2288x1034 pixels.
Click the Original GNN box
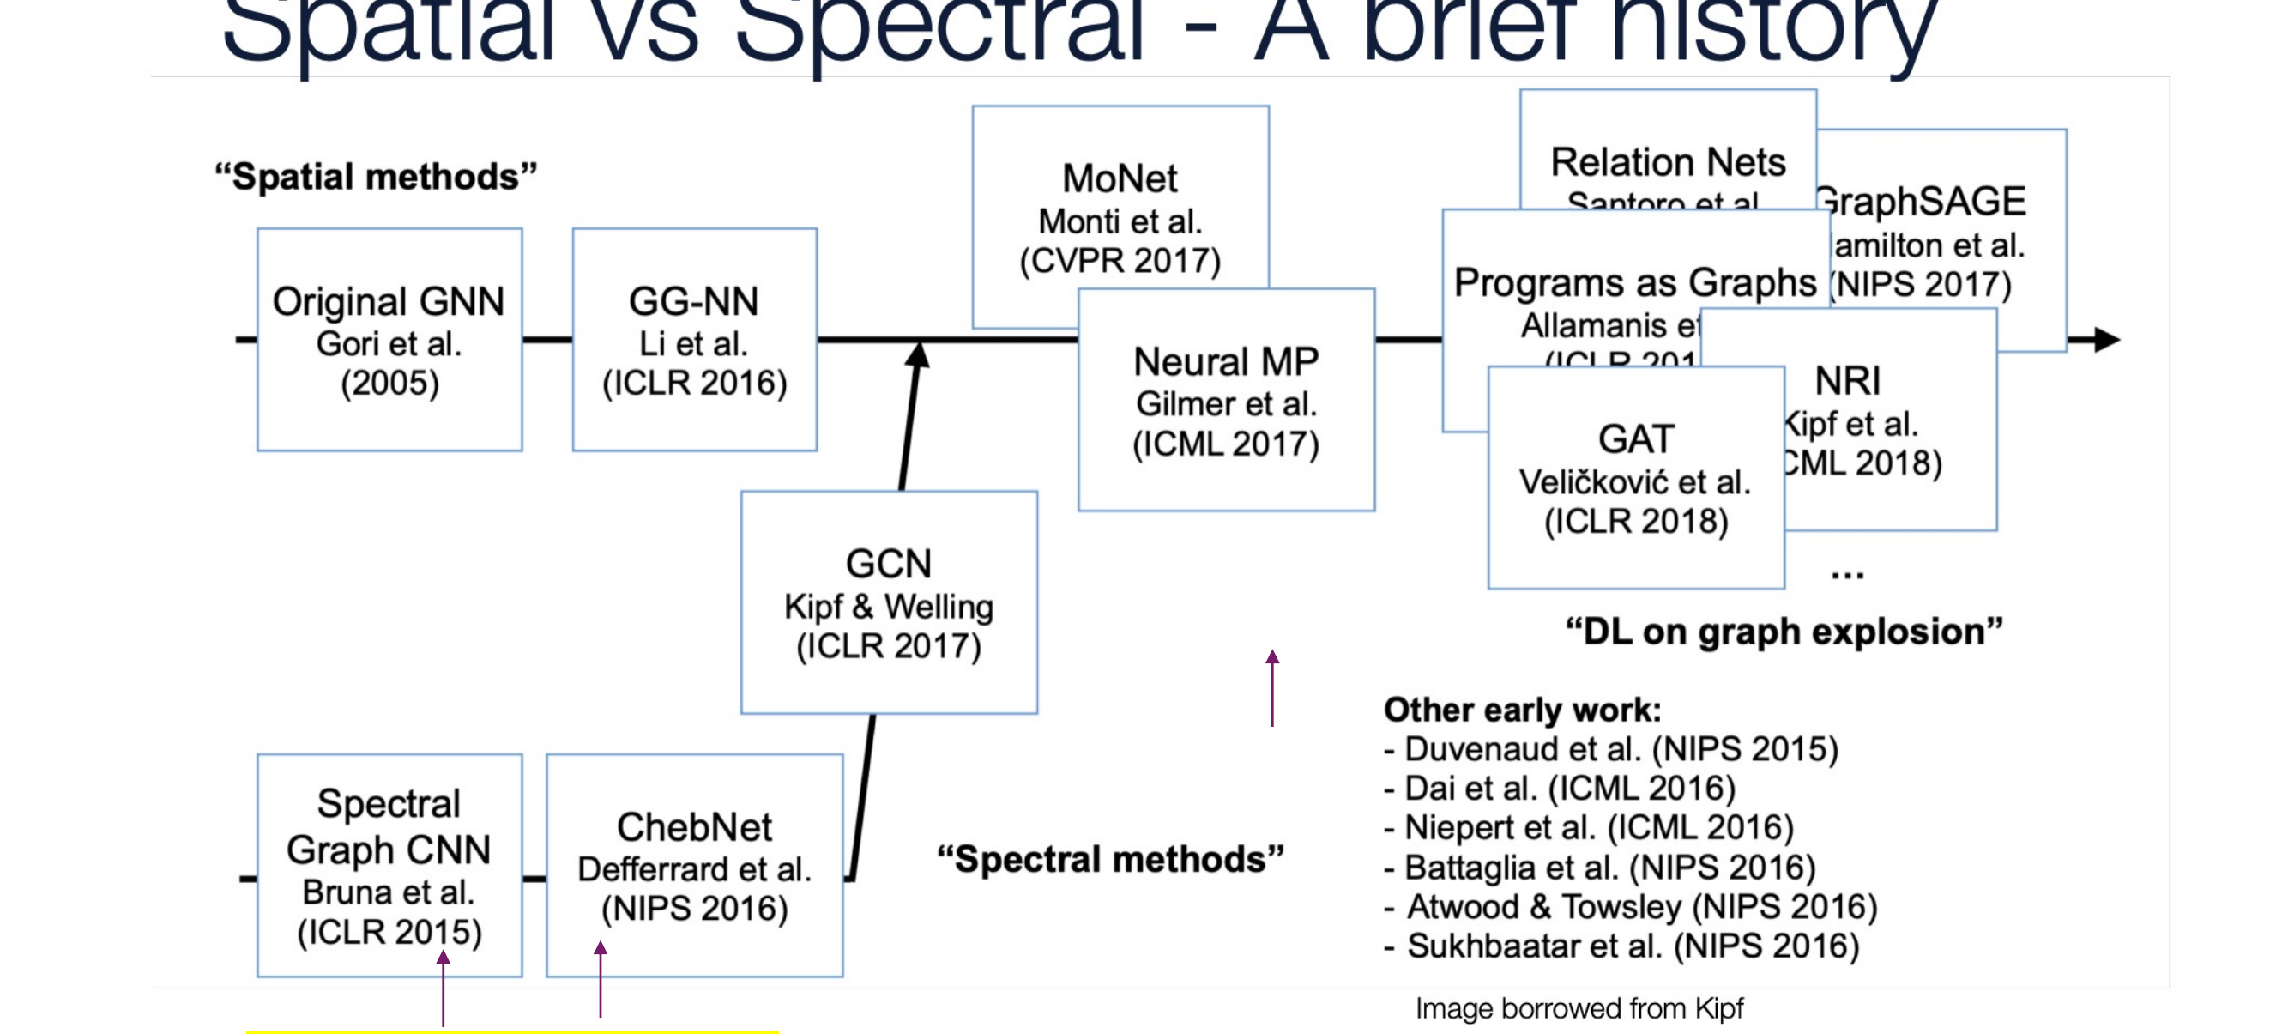click(x=389, y=339)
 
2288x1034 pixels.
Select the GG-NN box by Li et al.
click(x=694, y=339)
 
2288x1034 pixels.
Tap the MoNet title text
click(x=1120, y=178)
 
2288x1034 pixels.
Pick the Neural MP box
click(x=1226, y=400)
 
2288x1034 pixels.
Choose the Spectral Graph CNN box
click(x=389, y=865)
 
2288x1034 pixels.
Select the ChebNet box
click(x=694, y=865)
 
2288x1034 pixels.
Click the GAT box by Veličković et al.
click(x=1635, y=478)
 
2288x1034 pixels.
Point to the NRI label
click(x=1847, y=381)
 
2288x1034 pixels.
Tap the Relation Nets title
click(x=1667, y=162)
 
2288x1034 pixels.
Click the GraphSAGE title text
click(x=1922, y=202)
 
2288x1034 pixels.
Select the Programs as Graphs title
click(x=1634, y=283)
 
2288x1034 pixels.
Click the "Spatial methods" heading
click(x=376, y=177)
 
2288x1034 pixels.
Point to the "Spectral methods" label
click(x=1110, y=859)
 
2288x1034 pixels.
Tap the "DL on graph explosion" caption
click(x=1784, y=632)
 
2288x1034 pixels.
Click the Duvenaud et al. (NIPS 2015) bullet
click(x=1611, y=749)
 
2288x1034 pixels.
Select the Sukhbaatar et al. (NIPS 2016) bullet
click(x=1623, y=946)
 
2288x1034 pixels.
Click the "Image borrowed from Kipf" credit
click(x=1579, y=1008)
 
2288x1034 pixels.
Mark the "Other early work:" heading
click(x=1522, y=710)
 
